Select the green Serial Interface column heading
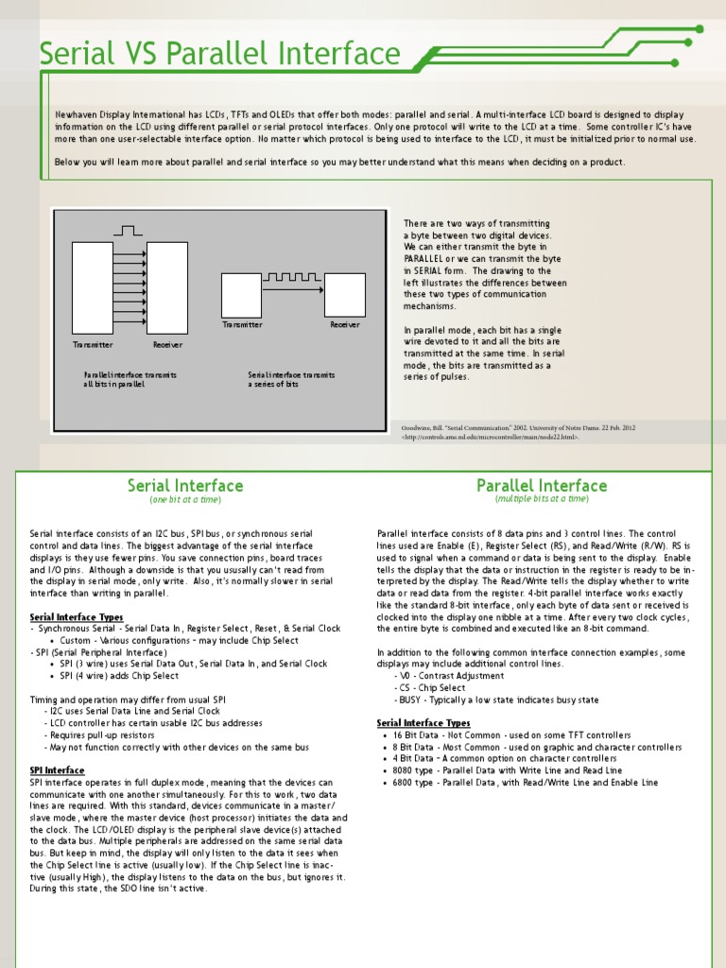point(185,486)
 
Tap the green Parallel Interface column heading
point(542,486)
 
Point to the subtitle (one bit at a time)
point(185,499)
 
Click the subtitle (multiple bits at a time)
point(542,499)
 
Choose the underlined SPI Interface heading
point(58,770)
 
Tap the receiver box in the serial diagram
point(344,294)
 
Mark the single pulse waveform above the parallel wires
point(129,230)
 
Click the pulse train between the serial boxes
point(291,277)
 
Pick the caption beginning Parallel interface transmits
point(130,379)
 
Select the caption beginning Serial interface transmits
point(291,379)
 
